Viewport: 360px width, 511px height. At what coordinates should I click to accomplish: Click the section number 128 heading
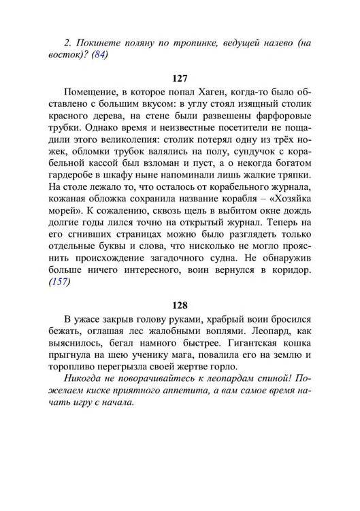pos(180,306)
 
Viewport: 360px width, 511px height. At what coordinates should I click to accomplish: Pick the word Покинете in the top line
pos(86,42)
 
